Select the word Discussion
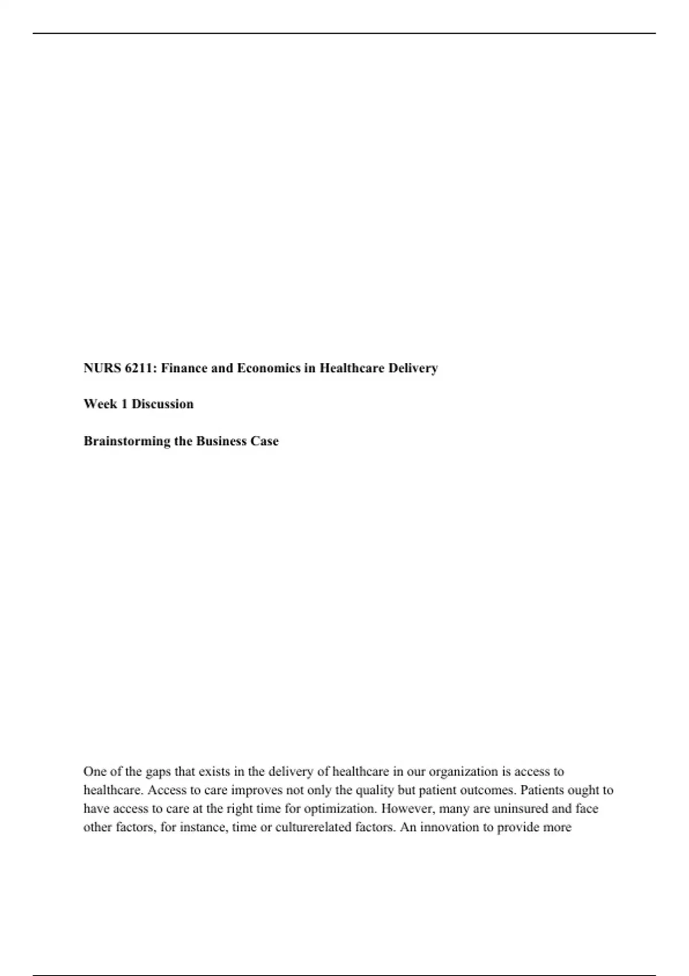point(162,404)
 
